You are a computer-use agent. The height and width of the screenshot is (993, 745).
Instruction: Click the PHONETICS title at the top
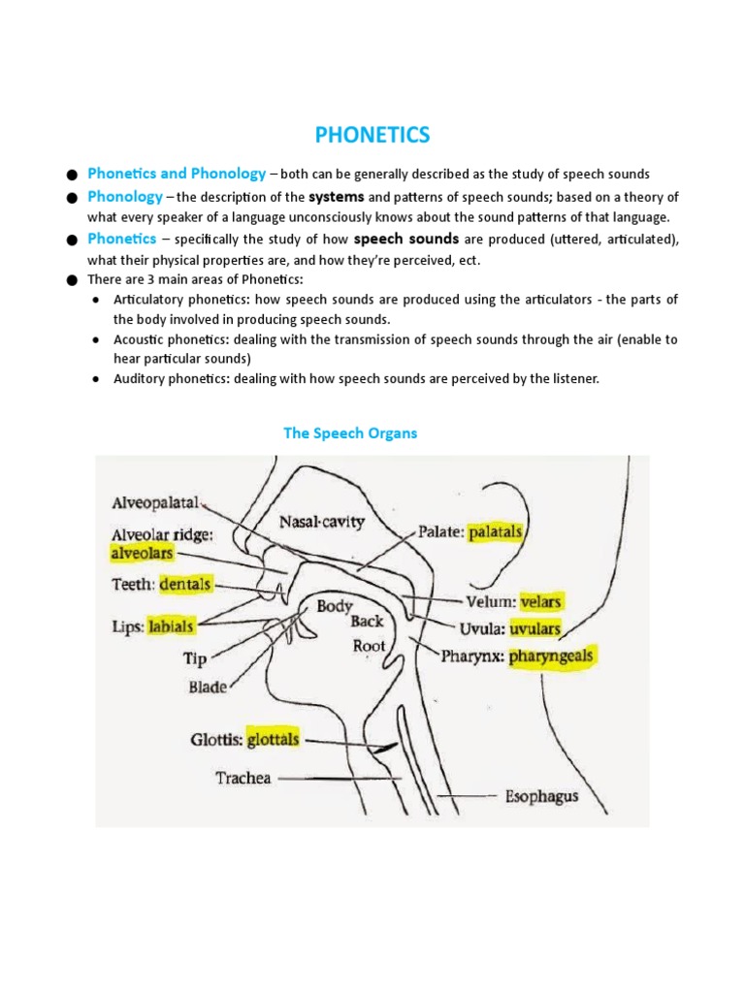(372, 135)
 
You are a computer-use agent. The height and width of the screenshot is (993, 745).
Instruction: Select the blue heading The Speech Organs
(349, 433)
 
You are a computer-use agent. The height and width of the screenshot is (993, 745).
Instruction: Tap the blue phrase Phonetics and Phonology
(176, 174)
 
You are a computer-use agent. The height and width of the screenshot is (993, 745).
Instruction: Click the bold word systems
(336, 197)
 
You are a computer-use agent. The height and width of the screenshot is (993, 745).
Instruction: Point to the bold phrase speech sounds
(406, 240)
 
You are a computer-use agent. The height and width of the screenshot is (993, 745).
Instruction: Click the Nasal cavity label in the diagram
(322, 522)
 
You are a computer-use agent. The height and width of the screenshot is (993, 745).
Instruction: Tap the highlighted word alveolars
(142, 553)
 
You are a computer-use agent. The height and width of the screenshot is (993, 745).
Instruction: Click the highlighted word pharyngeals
(547, 657)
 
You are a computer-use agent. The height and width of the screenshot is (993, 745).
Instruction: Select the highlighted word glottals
(273, 739)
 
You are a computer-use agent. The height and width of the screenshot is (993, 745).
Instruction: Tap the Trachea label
(243, 778)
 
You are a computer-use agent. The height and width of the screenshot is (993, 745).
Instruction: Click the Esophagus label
(541, 796)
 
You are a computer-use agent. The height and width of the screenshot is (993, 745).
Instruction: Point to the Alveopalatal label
(155, 503)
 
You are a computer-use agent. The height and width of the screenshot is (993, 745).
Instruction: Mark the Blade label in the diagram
(208, 688)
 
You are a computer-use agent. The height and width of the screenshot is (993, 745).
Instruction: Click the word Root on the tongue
(369, 646)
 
